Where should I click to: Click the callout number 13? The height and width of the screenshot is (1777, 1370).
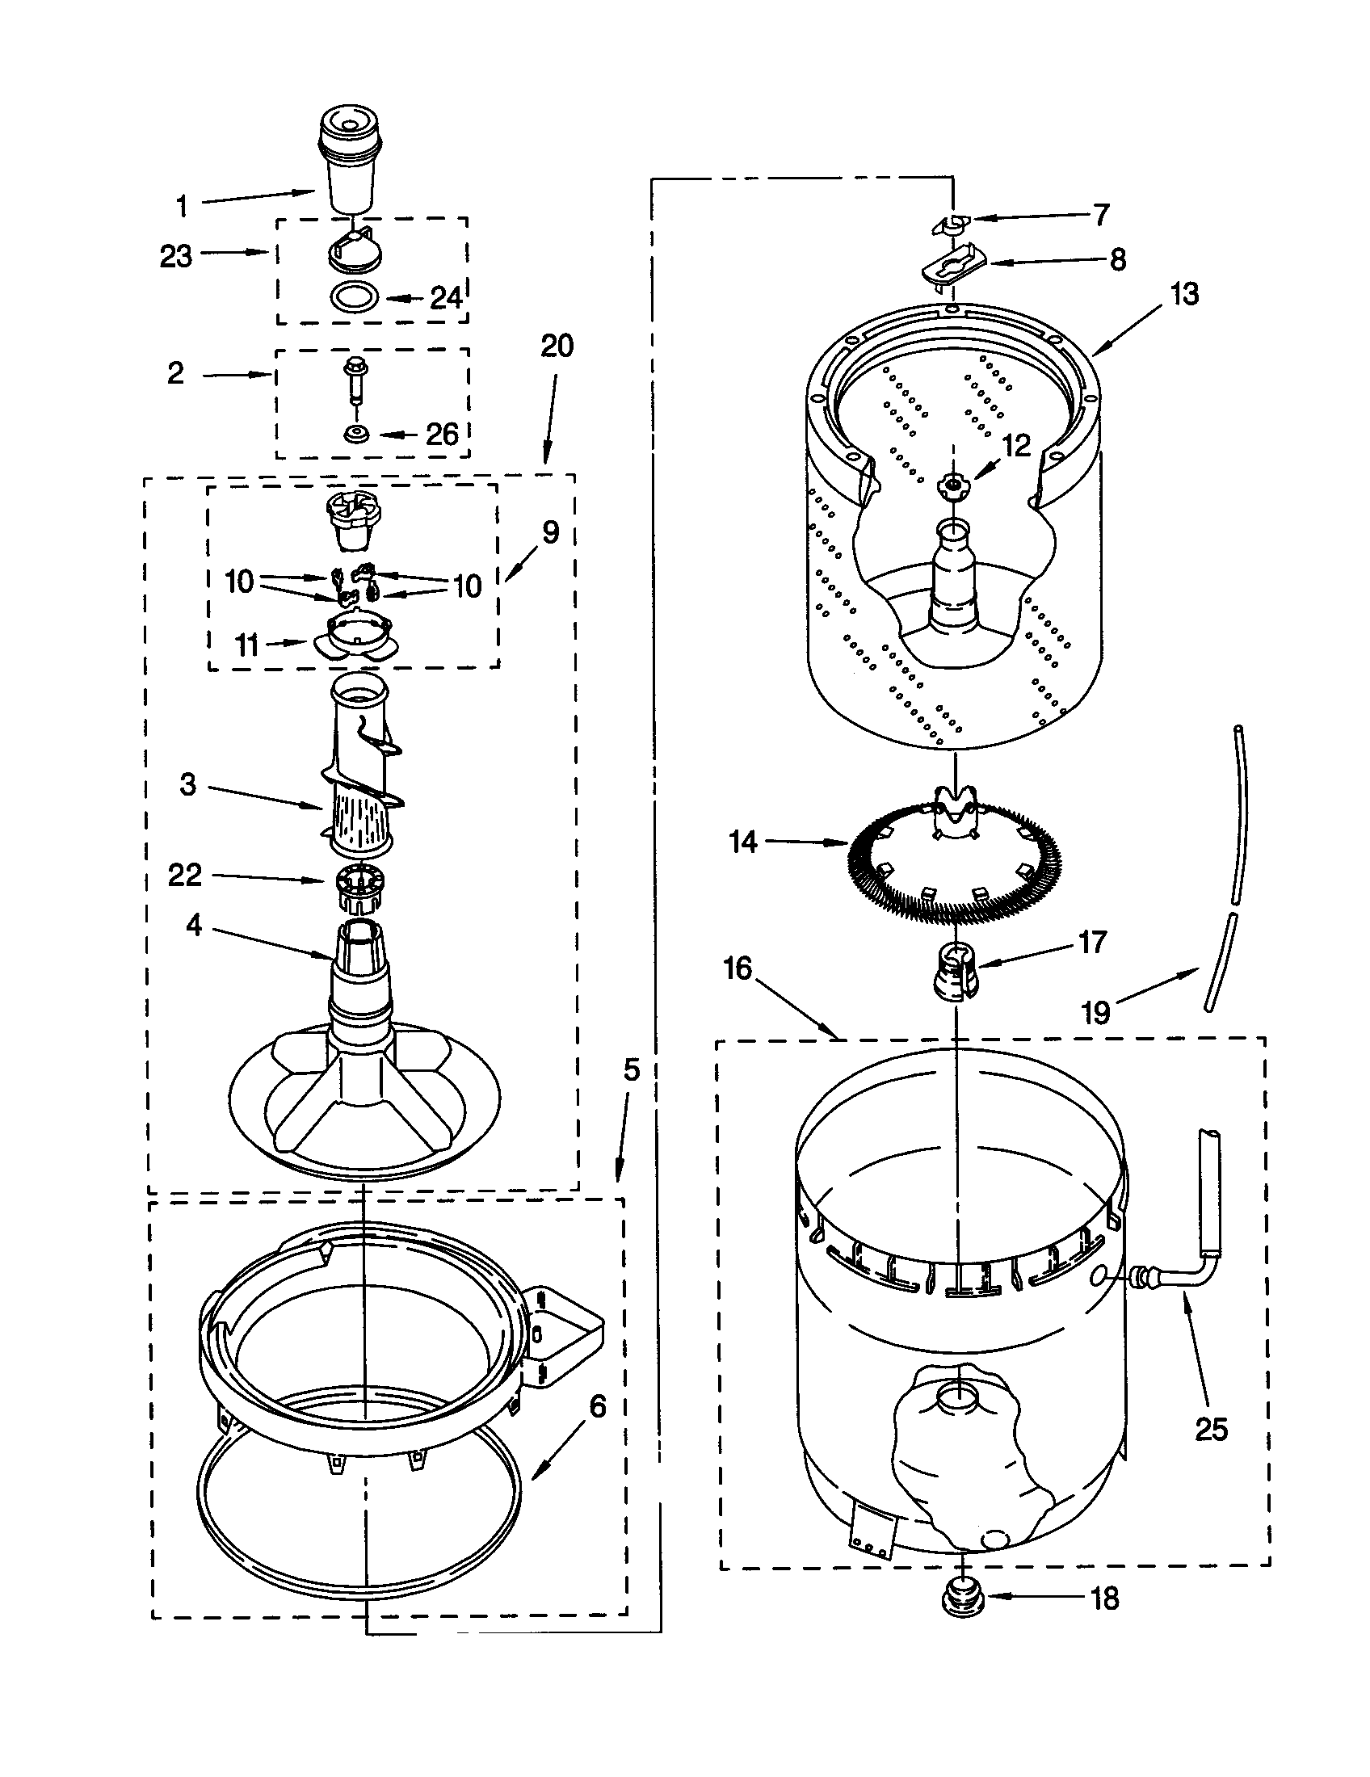click(1184, 294)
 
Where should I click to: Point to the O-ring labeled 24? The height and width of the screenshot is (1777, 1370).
click(355, 297)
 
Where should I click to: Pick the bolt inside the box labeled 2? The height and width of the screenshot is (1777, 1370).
click(355, 380)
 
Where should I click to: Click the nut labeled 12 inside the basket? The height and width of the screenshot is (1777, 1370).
click(948, 485)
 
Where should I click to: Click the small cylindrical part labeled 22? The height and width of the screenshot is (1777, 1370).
click(358, 889)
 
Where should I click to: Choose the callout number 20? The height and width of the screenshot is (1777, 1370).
click(557, 346)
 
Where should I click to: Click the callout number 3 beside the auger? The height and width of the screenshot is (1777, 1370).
click(188, 784)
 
